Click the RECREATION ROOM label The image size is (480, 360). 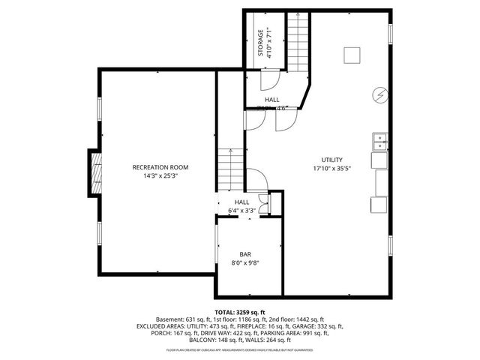(x=160, y=167)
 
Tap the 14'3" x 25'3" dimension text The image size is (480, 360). (x=160, y=175)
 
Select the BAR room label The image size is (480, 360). (x=246, y=254)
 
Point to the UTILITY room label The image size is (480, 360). (x=332, y=160)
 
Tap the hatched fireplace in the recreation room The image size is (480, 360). (x=94, y=172)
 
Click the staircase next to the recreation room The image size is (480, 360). (x=229, y=170)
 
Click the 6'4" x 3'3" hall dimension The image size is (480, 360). (x=242, y=211)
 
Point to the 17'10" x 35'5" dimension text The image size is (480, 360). (x=332, y=168)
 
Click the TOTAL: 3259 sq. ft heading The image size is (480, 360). (x=240, y=312)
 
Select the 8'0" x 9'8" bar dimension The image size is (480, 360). (x=246, y=263)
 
